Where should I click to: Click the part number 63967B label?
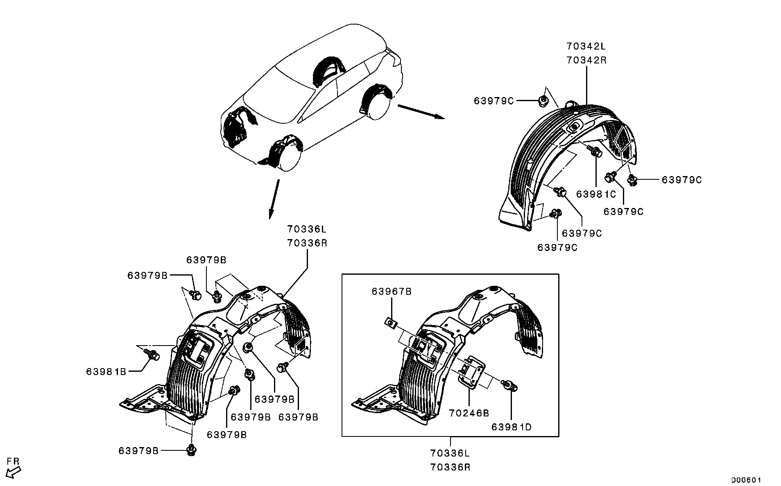[392, 292]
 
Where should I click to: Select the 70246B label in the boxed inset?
[469, 413]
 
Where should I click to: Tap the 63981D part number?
[512, 427]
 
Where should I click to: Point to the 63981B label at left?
[106, 371]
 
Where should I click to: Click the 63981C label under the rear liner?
[596, 194]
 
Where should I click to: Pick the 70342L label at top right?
[586, 45]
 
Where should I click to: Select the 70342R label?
[586, 60]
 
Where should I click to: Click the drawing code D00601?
[746, 479]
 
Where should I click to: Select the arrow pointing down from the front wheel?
[274, 199]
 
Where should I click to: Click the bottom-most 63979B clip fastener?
[191, 450]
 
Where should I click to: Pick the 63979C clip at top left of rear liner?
[543, 100]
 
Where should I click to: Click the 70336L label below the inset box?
[450, 453]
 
